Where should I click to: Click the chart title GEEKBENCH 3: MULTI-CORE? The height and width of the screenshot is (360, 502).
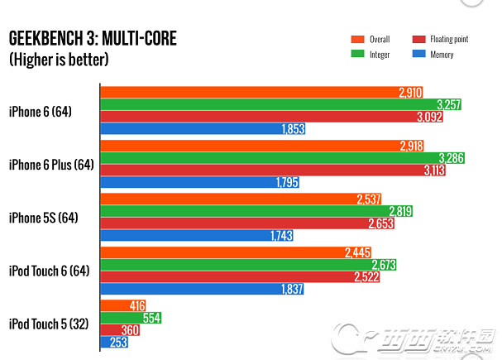pos(92,38)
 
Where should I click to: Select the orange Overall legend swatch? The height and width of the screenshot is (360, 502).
pos(358,39)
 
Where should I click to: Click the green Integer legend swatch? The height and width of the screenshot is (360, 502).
pos(358,54)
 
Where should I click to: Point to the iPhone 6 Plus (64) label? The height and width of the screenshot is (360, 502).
pos(50,165)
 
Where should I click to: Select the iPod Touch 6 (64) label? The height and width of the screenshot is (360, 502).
pos(50,271)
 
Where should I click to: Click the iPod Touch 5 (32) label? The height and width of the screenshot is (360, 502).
pos(50,324)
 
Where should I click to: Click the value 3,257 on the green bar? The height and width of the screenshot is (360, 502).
pos(447,104)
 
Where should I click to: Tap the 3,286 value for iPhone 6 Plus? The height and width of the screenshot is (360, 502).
pos(451,157)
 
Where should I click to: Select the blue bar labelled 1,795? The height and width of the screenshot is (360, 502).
pos(198,183)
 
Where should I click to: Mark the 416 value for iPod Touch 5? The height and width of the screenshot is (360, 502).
pos(137,305)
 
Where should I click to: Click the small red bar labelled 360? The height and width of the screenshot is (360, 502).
pos(120,329)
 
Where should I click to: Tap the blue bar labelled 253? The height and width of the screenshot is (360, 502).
pos(113,342)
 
